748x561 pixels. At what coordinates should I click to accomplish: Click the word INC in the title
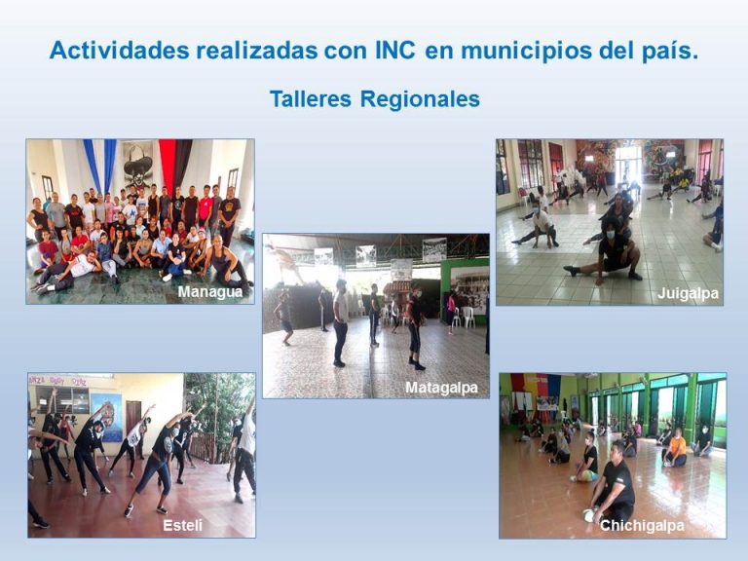[395, 51]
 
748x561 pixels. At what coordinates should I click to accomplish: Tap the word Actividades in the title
[120, 51]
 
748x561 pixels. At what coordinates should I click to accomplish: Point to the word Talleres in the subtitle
[310, 99]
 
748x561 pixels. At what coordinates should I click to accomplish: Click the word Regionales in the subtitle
[420, 100]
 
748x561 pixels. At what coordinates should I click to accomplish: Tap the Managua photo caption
[210, 291]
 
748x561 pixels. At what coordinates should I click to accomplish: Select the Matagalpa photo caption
[441, 388]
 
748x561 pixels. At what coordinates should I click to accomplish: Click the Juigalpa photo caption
[688, 293]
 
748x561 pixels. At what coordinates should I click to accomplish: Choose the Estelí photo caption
[182, 525]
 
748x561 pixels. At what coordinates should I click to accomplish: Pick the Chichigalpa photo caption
[642, 526]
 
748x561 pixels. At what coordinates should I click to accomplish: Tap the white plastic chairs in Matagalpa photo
[463, 317]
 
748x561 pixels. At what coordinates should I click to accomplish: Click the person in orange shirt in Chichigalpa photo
[675, 448]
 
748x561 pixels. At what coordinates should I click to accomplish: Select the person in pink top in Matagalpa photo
[451, 310]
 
